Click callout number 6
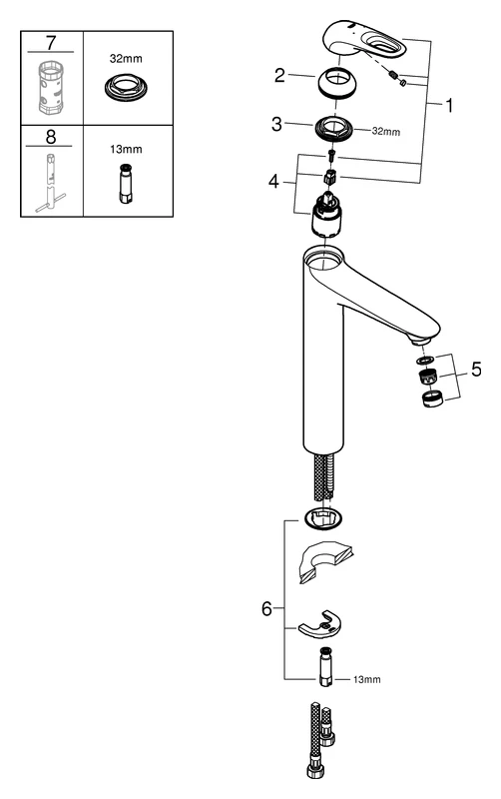(266, 606)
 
